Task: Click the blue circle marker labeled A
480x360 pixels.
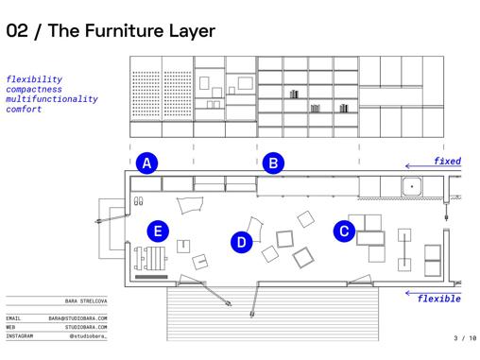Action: click(x=146, y=163)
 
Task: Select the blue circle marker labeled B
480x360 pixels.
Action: click(x=273, y=163)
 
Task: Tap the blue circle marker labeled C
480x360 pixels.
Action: click(x=344, y=231)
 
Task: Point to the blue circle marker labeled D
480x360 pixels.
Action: click(x=242, y=242)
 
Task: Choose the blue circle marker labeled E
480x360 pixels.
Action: click(x=158, y=231)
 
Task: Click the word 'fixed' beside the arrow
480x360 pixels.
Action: click(x=447, y=161)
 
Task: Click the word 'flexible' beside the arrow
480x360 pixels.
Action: click(x=439, y=299)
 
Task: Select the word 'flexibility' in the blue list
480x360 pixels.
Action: click(x=34, y=79)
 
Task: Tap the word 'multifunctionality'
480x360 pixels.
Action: click(x=52, y=99)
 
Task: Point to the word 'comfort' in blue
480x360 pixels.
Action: click(x=24, y=109)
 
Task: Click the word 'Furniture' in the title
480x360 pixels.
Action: click(x=123, y=31)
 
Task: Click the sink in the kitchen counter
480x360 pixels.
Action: click(x=412, y=186)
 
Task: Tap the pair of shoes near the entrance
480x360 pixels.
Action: click(x=138, y=201)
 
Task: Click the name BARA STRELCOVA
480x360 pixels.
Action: click(x=86, y=301)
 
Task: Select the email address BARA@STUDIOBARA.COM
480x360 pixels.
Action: click(x=77, y=318)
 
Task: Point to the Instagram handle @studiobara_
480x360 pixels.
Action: click(x=88, y=336)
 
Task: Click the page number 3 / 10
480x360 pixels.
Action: click(x=465, y=338)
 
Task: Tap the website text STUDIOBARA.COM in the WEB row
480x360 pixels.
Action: click(x=86, y=327)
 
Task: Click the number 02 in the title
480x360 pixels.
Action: click(x=17, y=31)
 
